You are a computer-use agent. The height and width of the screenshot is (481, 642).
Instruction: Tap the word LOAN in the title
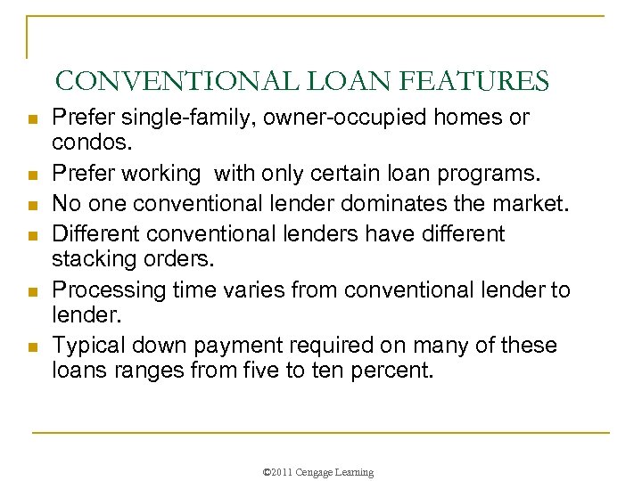339,82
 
